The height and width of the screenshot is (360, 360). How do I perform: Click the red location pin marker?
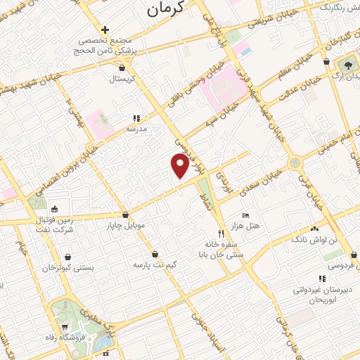coord(180,166)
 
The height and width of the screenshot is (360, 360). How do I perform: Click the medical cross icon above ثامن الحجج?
coord(105,30)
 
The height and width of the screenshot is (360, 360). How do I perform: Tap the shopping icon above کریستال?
coord(124,68)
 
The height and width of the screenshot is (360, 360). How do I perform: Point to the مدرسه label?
coord(136,129)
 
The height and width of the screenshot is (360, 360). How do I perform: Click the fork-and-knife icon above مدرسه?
coord(136,119)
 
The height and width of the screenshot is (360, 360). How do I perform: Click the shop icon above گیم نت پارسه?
coord(155,255)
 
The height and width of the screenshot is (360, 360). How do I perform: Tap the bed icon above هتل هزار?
coord(245,215)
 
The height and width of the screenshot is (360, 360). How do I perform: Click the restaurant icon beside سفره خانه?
coord(221,234)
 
